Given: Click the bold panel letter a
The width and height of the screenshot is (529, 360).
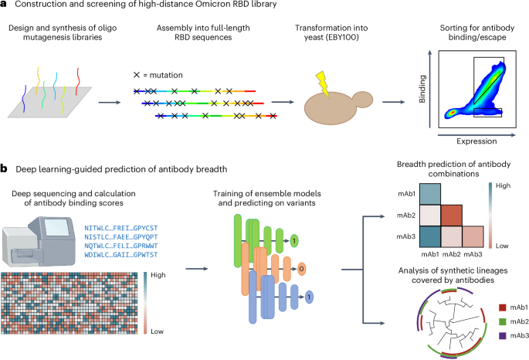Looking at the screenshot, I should pyautogui.click(x=4, y=7).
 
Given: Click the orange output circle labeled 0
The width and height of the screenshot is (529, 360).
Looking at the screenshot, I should pyautogui.click(x=300, y=267).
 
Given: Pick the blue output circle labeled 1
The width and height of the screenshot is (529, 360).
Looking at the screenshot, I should pyautogui.click(x=308, y=297).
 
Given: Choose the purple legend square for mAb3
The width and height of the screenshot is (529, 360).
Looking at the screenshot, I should pyautogui.click(x=480, y=336).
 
